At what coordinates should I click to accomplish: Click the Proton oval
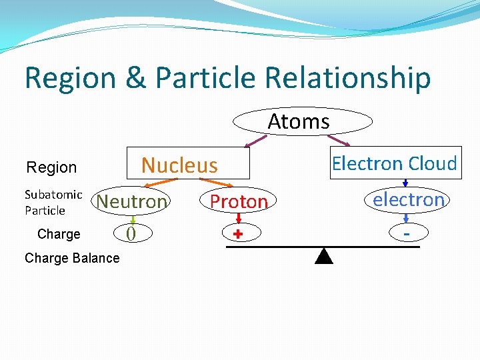point(238,201)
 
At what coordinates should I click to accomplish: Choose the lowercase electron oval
point(408,199)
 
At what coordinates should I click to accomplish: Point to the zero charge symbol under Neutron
point(131,233)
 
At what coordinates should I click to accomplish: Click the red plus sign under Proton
point(237,235)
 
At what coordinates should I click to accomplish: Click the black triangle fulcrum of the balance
point(323,256)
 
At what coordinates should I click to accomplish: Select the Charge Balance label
point(72,258)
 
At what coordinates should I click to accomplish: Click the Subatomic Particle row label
point(53,202)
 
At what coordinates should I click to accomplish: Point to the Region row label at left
point(51,167)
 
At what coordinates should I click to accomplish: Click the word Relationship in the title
point(347,78)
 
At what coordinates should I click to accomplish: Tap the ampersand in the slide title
point(135,78)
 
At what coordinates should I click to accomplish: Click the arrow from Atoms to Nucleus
point(256,141)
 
